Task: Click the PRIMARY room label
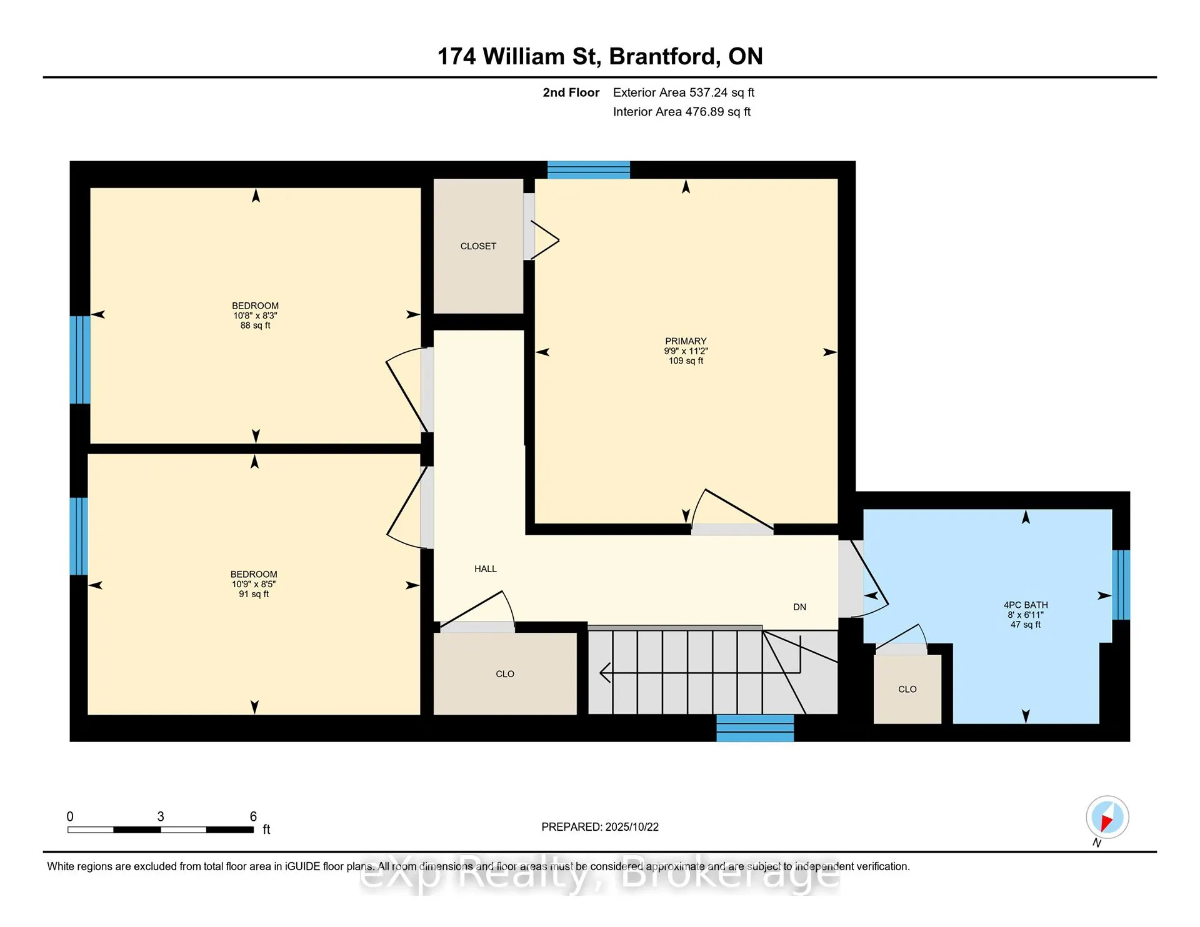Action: (x=686, y=341)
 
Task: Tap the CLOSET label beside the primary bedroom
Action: (x=478, y=246)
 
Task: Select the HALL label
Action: (x=486, y=568)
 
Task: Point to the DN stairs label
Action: (x=799, y=607)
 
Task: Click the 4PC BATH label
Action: (x=1026, y=605)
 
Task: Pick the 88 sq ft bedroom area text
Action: (x=256, y=325)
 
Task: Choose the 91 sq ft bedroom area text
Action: (x=254, y=594)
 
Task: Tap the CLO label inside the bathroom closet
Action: (x=907, y=689)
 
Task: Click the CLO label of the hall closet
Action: (x=505, y=674)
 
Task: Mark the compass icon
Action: (x=1107, y=817)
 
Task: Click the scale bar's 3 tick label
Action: (x=161, y=816)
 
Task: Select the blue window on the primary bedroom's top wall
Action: (x=589, y=170)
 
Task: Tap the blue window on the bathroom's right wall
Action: (x=1121, y=585)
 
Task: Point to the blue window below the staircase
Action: (x=755, y=728)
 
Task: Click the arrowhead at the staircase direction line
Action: (x=604, y=673)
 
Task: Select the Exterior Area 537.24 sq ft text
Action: (x=684, y=92)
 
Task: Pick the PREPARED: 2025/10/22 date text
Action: (x=600, y=827)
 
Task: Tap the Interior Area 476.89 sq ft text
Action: (x=682, y=112)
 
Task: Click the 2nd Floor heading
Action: (x=571, y=92)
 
